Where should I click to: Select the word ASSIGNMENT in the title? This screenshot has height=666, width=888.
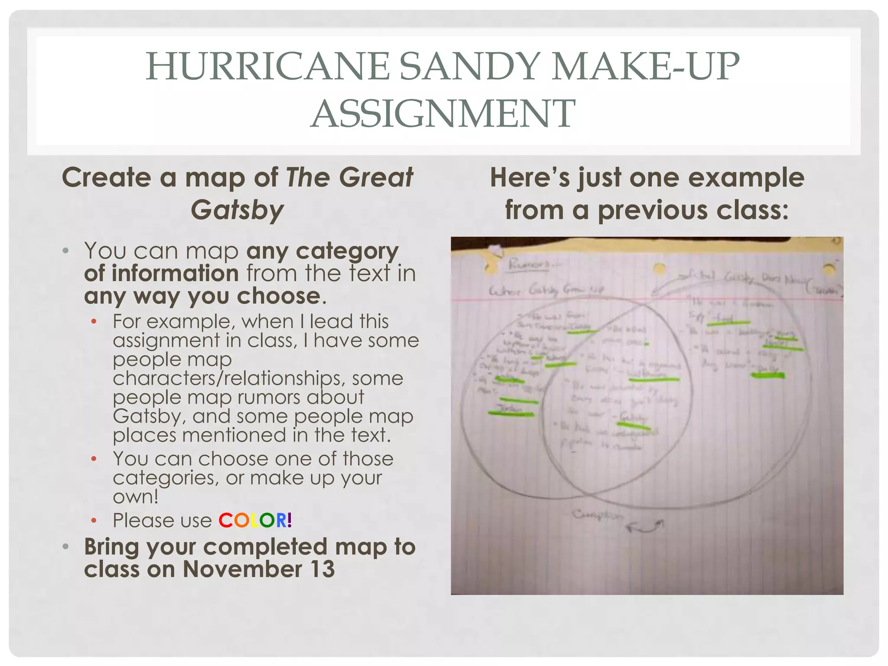(x=443, y=114)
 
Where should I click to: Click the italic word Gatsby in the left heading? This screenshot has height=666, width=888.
(x=237, y=210)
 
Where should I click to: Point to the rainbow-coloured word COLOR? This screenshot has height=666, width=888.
(x=255, y=520)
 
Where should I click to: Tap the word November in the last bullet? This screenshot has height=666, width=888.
(x=242, y=569)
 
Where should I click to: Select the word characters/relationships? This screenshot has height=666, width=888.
(x=229, y=378)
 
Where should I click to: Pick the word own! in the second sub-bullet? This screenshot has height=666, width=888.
(x=136, y=496)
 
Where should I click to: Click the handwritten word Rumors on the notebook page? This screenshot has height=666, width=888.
(x=529, y=264)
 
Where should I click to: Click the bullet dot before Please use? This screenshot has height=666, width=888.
(x=94, y=520)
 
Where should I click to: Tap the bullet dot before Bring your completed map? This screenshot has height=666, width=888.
(x=65, y=547)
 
